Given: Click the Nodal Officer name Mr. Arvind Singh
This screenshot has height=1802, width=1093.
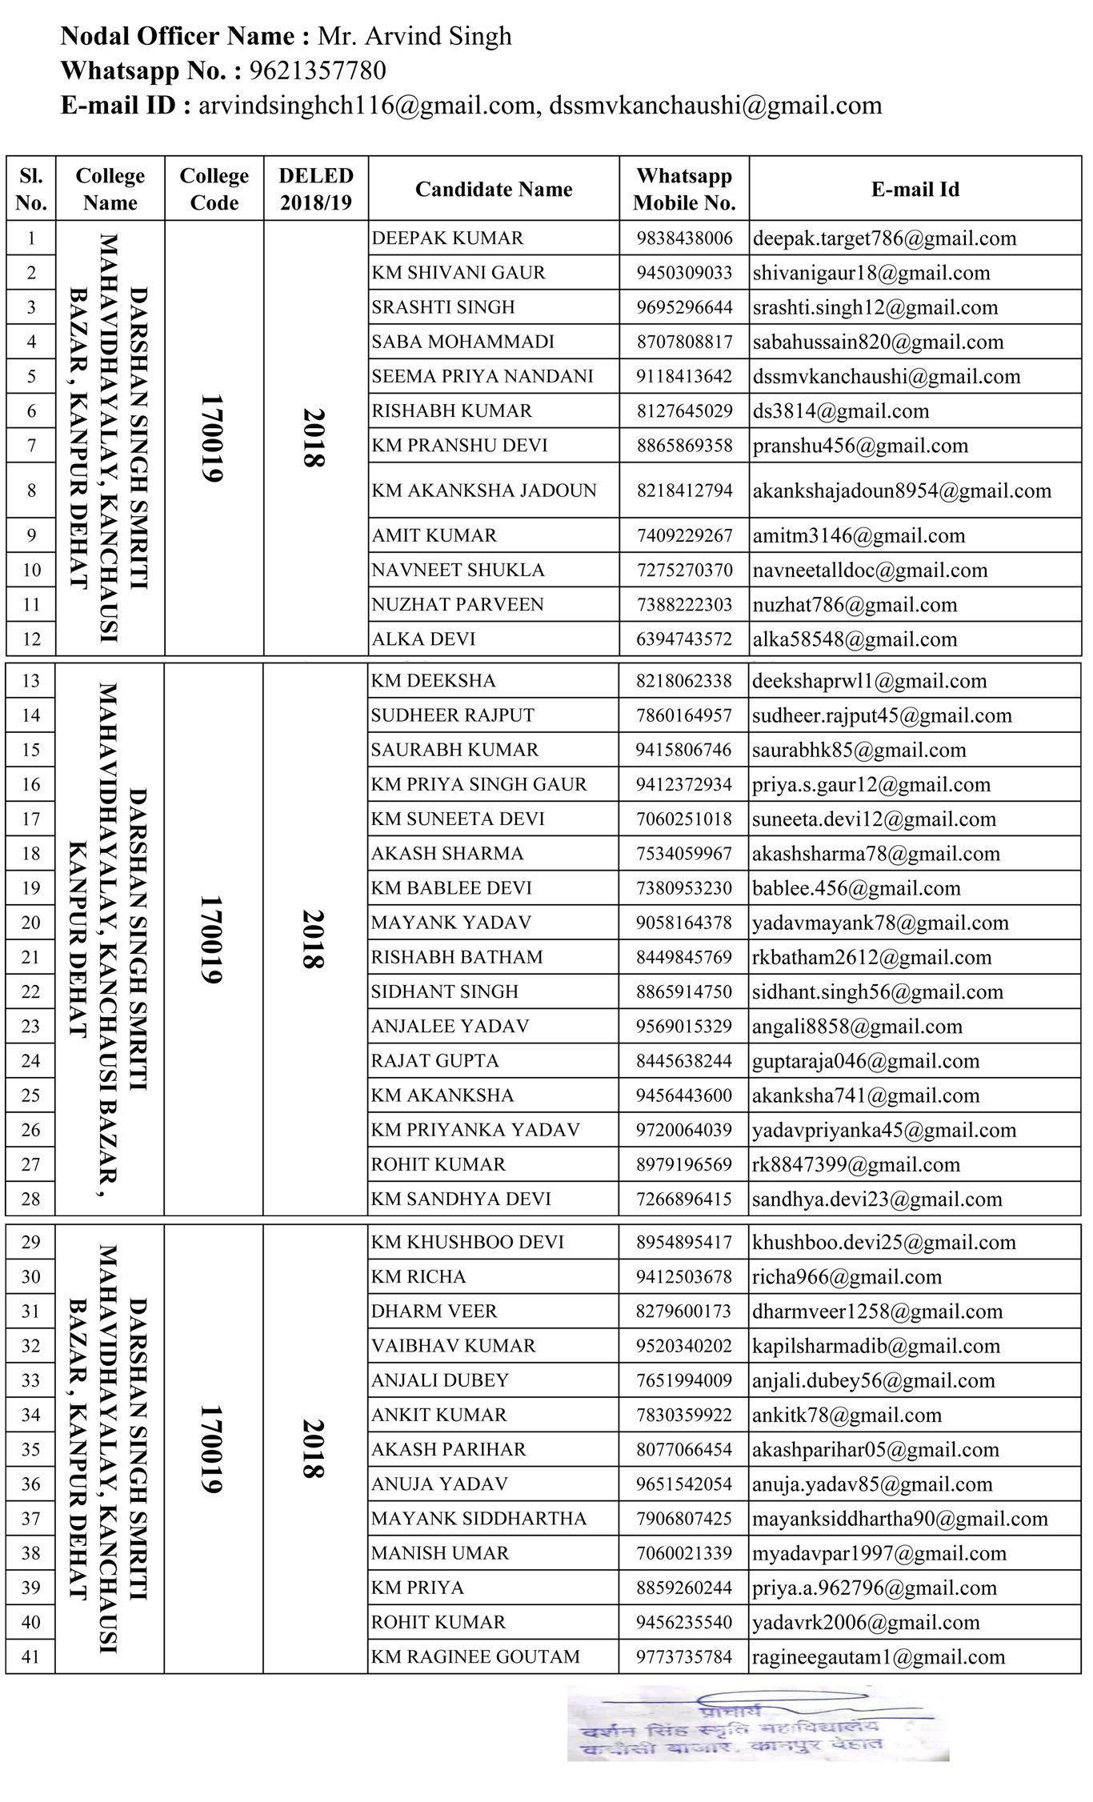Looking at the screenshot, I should [x=414, y=37].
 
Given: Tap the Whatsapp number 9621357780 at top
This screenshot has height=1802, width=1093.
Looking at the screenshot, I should [x=318, y=71].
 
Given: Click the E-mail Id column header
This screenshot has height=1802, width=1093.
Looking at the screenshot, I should [x=915, y=190].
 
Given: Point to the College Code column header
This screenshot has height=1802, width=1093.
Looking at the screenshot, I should [x=214, y=189].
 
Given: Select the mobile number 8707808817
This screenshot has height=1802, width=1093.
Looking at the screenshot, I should [x=684, y=342].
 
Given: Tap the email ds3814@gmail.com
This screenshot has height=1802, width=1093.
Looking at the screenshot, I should [x=841, y=411].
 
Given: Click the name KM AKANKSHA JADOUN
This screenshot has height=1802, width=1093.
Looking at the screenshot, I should [x=483, y=491].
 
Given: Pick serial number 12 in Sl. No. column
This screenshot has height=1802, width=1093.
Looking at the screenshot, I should [x=30, y=639].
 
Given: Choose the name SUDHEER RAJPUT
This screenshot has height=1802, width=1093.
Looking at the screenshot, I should [x=452, y=715].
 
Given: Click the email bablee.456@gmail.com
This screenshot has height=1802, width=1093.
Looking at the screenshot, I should [x=856, y=888].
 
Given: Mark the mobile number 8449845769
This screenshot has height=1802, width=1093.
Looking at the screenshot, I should [x=684, y=957].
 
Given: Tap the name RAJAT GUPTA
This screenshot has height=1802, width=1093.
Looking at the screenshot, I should [x=434, y=1061].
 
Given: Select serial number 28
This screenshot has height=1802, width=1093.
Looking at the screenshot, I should [x=30, y=1199].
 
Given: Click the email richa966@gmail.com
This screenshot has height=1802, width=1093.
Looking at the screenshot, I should [x=847, y=1277].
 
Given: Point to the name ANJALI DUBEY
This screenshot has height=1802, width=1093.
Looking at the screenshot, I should [x=439, y=1380].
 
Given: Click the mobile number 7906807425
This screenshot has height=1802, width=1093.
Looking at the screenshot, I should [x=684, y=1519].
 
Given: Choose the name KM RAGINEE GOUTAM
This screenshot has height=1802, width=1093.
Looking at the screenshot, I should [x=475, y=1657].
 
